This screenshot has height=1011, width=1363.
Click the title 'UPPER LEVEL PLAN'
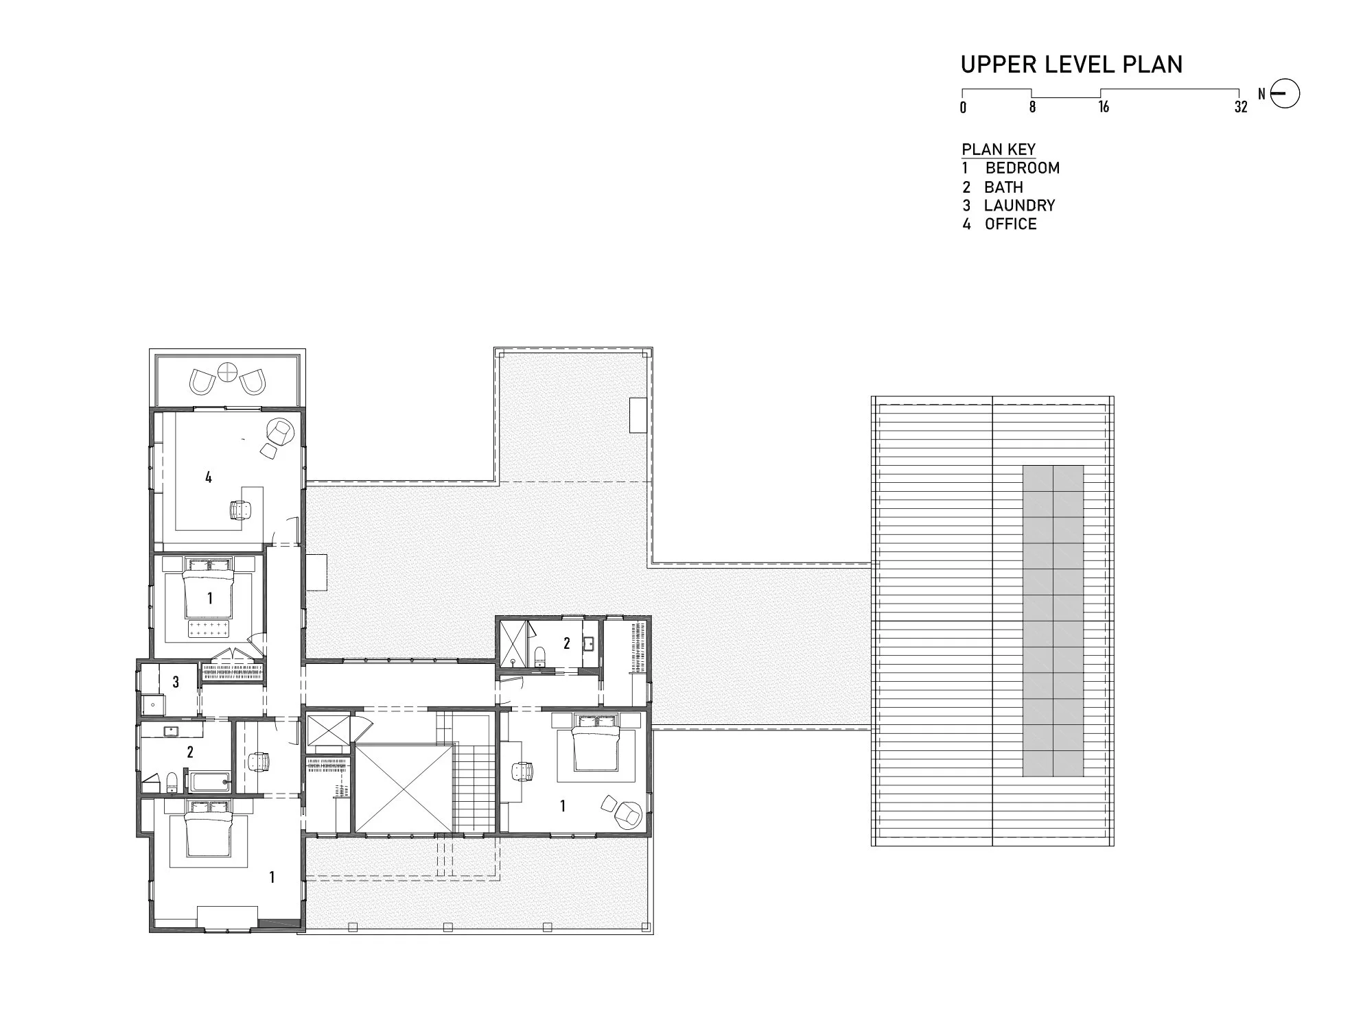tap(1071, 64)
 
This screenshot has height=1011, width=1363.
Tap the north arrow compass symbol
tap(1285, 94)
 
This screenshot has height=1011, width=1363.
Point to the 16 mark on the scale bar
tap(1103, 106)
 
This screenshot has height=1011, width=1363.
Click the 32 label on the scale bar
tap(1240, 107)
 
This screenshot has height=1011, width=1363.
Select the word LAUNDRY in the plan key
tap(1019, 205)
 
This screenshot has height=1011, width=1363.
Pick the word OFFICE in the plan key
tap(1010, 224)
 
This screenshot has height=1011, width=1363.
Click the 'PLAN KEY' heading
tap(999, 150)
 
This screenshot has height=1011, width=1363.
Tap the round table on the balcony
tap(226, 372)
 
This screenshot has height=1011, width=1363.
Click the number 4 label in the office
tap(209, 477)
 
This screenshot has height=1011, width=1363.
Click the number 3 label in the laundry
tap(176, 682)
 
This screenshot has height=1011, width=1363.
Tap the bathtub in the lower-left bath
tap(210, 782)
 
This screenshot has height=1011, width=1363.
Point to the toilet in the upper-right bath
tap(539, 654)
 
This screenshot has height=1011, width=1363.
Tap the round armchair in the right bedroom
tap(626, 814)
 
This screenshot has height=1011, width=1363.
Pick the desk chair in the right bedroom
tap(522, 771)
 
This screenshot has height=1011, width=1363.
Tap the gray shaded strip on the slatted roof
tap(1053, 621)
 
